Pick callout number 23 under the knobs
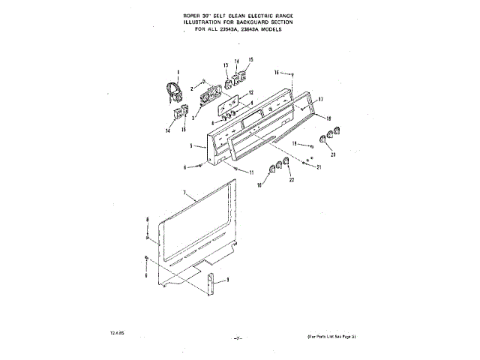point(333,154)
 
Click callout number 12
point(252,92)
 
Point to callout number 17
point(320,99)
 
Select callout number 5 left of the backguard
point(193,145)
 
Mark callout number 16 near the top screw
point(277,73)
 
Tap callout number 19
point(295,142)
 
